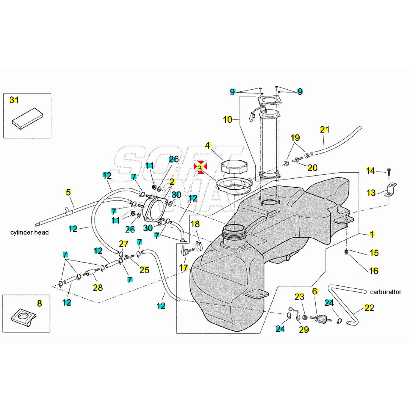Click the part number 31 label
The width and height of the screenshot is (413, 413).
tap(14, 100)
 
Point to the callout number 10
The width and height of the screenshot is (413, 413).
tap(228, 120)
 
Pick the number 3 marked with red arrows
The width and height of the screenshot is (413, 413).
tap(200, 167)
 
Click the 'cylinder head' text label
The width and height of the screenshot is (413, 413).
tap(29, 232)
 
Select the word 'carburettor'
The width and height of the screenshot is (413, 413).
tap(386, 292)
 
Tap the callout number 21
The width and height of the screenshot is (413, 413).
tap(324, 130)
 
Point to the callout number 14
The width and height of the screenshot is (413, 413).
tap(371, 171)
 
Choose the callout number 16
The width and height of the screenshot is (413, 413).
tap(374, 270)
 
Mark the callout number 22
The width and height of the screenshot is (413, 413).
tap(369, 308)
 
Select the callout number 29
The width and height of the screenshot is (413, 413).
tap(304, 329)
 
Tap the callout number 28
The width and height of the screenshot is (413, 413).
tap(98, 288)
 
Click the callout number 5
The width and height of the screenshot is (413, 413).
tap(68, 192)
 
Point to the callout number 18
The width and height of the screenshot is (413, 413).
tap(195, 224)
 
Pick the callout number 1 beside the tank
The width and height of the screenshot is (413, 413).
tap(372, 235)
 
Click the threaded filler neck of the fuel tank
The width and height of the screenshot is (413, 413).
tap(233, 233)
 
